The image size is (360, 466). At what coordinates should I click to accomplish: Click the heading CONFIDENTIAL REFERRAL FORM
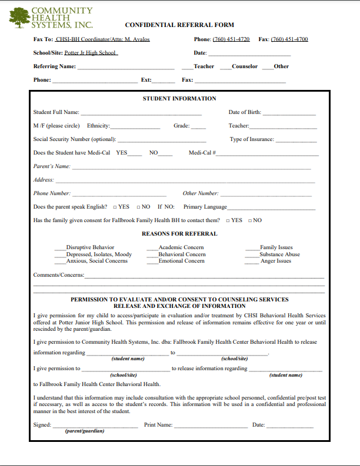179,25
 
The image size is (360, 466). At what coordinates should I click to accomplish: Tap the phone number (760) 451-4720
231,39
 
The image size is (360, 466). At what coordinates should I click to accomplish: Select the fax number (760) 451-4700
289,39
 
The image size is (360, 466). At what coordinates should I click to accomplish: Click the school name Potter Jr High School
91,53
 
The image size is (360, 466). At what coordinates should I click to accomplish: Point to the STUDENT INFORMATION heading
179,99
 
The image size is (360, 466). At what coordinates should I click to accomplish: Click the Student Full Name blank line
141,113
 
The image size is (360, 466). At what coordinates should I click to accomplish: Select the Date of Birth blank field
289,113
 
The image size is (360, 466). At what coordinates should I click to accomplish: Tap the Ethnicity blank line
135,126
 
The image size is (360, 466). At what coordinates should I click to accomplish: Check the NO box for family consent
250,221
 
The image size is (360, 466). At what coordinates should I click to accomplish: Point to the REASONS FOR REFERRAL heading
179,234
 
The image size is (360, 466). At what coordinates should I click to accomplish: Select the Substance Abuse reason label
280,254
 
